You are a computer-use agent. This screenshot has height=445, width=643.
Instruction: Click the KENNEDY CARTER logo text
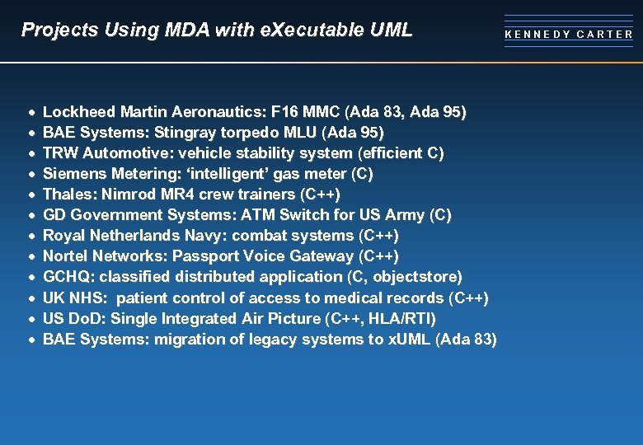pos(569,35)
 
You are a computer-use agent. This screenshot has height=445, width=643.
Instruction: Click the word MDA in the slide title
pos(182,30)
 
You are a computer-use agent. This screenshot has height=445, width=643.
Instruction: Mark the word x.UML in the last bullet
pos(409,339)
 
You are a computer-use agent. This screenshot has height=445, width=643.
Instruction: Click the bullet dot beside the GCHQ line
pos(31,277)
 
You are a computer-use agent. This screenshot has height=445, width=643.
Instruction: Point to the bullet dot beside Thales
pos(31,194)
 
